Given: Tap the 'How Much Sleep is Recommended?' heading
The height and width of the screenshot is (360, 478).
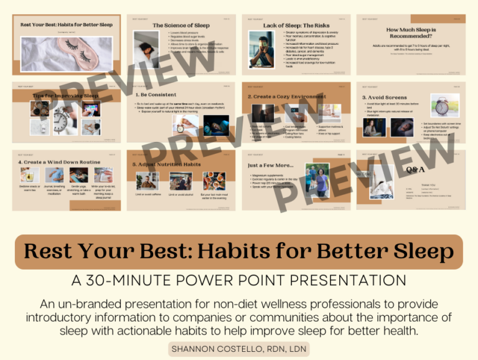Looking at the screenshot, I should tap(411, 32).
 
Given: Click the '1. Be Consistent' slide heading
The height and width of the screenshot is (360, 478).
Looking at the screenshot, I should tap(156, 95).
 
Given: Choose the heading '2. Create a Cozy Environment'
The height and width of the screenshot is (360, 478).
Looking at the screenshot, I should tap(286, 97).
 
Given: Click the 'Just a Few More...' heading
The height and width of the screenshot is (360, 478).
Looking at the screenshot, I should tap(271, 166).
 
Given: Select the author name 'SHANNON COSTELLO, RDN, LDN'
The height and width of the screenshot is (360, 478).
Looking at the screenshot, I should tap(238, 349).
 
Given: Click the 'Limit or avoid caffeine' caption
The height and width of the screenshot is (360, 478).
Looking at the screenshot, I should tap(147, 195).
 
